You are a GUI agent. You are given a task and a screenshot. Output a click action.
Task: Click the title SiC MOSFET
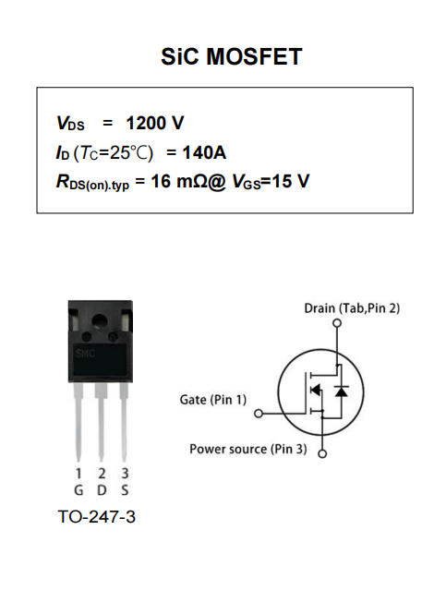pos(231,57)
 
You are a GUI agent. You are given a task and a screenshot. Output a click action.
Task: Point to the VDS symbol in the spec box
pos(70,125)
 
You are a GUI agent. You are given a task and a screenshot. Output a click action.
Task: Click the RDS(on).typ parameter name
pos(93,182)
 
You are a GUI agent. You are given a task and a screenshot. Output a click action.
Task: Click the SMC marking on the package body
pos(84,355)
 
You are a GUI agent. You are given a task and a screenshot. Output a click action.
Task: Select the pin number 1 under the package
pos(78,474)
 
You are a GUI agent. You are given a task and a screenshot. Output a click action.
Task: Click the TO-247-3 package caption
pos(96,517)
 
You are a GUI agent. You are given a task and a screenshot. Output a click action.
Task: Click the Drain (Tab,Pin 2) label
pos(352,307)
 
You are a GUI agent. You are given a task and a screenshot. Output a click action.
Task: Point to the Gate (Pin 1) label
pos(213,400)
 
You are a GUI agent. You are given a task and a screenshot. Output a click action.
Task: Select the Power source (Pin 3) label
pos(248,449)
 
